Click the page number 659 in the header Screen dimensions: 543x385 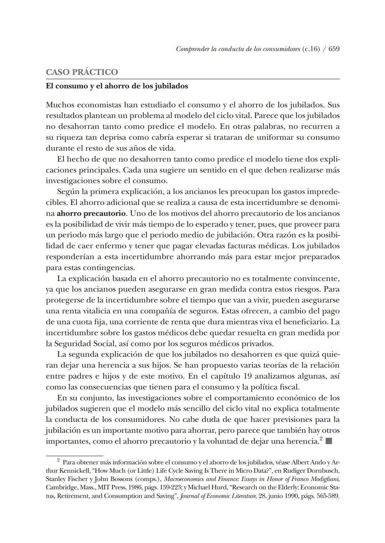(x=334, y=49)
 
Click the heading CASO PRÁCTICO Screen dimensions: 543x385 (x=82, y=72)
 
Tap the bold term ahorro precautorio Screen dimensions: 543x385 (x=91, y=214)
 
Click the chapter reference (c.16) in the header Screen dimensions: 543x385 (x=310, y=49)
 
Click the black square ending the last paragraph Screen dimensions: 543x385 (x=329, y=441)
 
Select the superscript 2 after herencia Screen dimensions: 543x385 (x=321, y=439)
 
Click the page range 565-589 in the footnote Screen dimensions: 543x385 (x=326, y=496)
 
